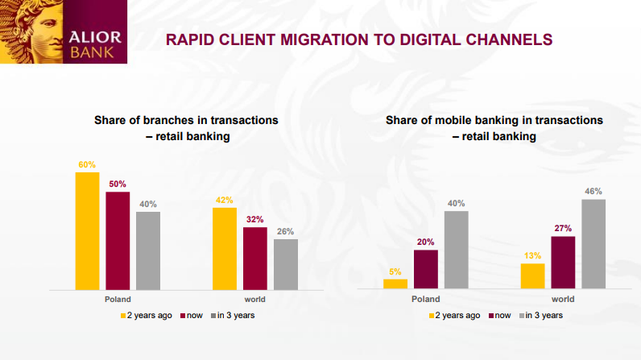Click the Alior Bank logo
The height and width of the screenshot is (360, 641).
tap(64, 31)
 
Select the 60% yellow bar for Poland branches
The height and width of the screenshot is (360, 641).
tap(87, 231)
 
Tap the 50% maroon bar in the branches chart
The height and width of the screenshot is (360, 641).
tap(118, 241)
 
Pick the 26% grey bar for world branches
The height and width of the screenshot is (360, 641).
tap(286, 264)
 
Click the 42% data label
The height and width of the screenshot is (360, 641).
tap(225, 201)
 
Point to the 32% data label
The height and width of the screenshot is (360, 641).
tap(255, 219)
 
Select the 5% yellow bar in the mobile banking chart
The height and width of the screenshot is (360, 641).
tap(395, 284)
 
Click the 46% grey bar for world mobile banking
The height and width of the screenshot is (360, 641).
tap(593, 244)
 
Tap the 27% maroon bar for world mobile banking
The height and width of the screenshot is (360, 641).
tap(563, 263)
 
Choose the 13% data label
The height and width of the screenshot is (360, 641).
tap(532, 256)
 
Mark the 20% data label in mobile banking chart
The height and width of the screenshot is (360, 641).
tap(425, 242)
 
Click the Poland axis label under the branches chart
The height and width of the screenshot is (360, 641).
tap(118, 299)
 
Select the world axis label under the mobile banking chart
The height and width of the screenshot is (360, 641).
tap(563, 299)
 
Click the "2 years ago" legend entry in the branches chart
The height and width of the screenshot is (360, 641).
tap(147, 316)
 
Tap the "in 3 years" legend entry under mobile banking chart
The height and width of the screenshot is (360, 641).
tap(541, 316)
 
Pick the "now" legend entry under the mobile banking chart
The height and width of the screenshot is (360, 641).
tap(500, 316)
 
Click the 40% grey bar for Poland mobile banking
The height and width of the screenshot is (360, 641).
tap(457, 250)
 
